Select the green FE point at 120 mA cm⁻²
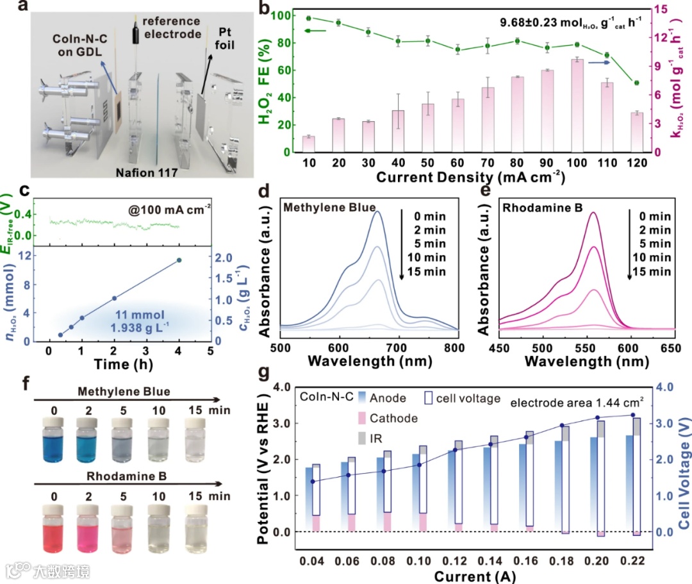click(636, 83)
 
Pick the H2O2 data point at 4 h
click(179, 260)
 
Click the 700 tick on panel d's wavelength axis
click(399, 347)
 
